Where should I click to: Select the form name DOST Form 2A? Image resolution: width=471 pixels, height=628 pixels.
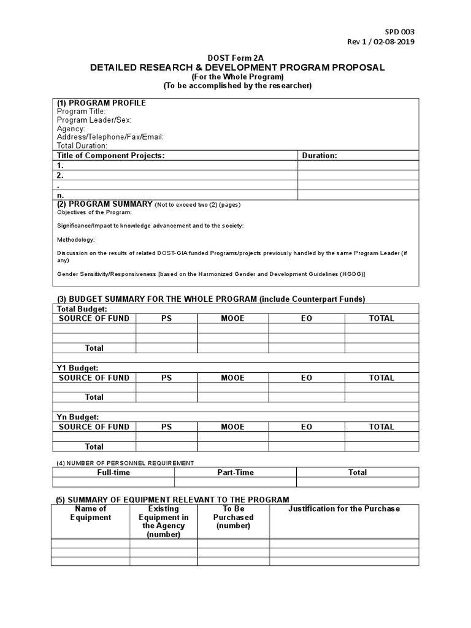[x=237, y=58]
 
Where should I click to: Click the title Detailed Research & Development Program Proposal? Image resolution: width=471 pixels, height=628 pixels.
[x=237, y=67]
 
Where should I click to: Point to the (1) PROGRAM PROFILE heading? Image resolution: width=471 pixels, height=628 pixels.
[x=101, y=103]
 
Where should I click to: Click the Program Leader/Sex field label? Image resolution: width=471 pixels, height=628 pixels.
[x=94, y=120]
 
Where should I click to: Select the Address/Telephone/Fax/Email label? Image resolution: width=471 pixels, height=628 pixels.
[x=110, y=137]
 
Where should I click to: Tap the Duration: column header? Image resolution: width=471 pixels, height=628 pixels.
[x=320, y=156]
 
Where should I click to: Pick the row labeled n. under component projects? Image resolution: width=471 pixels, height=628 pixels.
[x=61, y=195]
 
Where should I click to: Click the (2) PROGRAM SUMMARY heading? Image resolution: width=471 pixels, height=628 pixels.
[x=104, y=204]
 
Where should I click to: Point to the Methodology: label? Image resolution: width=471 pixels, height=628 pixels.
[x=76, y=240]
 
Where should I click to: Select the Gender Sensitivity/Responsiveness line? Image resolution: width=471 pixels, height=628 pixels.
[x=211, y=274]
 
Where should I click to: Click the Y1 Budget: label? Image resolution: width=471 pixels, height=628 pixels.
[x=77, y=368]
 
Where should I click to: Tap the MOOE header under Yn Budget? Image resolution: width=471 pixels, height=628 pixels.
[x=232, y=427]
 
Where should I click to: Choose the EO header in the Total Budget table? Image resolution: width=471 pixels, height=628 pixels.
[x=306, y=318]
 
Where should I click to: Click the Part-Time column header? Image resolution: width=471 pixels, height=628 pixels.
[x=235, y=472]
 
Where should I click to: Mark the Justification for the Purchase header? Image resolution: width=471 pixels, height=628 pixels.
[x=343, y=508]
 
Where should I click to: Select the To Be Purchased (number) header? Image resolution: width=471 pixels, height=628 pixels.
[x=233, y=517]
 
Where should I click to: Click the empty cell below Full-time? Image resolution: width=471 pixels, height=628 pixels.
[x=113, y=483]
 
